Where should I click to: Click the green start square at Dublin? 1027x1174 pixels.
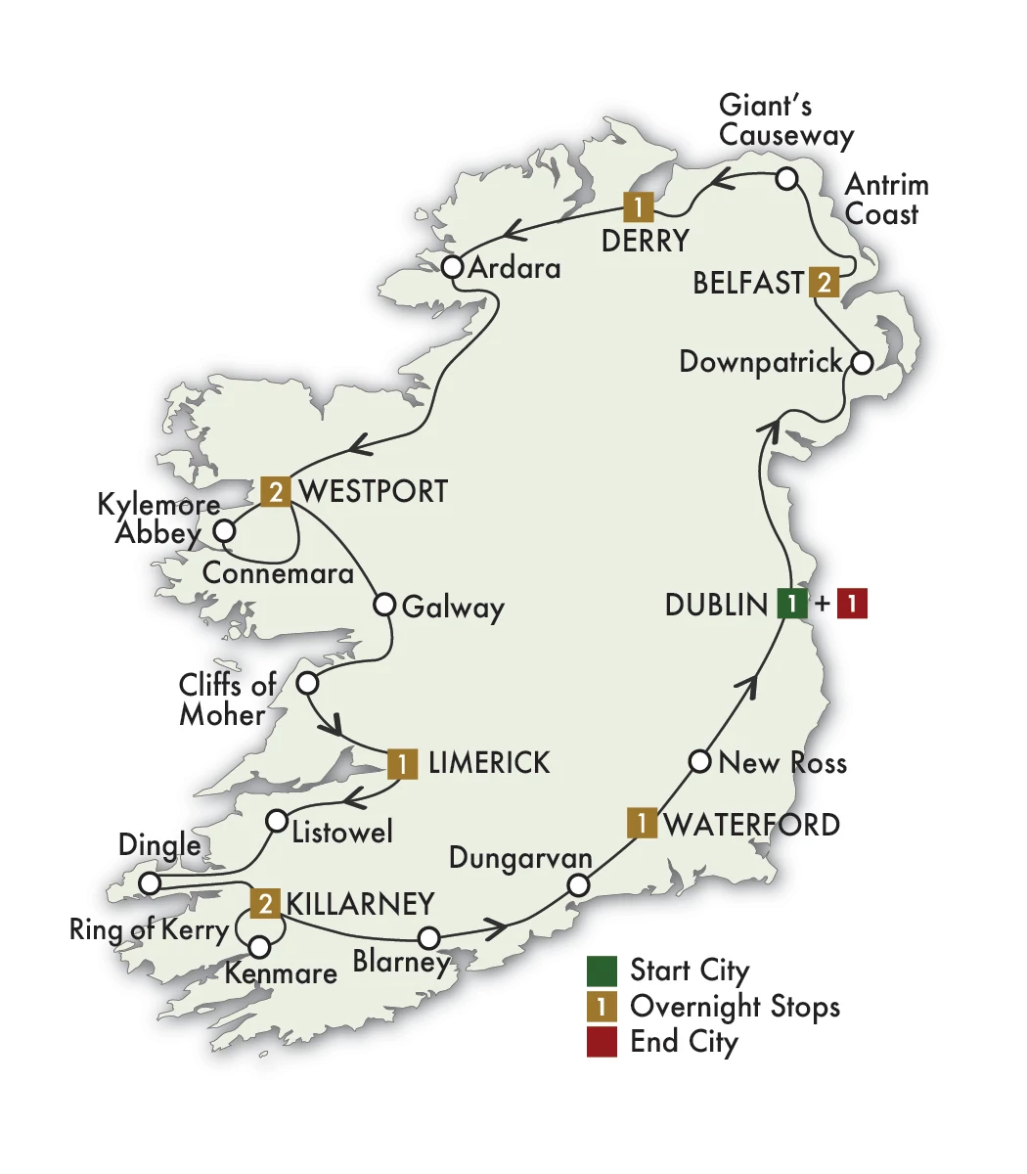pos(791,604)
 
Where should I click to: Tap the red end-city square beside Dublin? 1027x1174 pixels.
pos(852,604)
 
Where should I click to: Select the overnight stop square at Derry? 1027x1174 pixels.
pos(638,207)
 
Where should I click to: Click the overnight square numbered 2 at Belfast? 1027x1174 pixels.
pos(825,283)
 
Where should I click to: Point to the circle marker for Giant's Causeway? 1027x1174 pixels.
pos(786,179)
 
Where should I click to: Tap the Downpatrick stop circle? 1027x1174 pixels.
pos(860,363)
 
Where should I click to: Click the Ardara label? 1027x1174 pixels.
pos(514,267)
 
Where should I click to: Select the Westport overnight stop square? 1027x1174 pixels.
pos(277,491)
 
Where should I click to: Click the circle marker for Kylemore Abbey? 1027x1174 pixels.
pos(225,531)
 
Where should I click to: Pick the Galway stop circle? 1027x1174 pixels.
pos(384,604)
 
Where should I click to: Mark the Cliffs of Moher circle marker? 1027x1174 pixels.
pos(307,683)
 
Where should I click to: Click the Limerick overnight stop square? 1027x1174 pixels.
pos(402,763)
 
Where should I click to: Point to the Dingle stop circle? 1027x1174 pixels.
pos(149,883)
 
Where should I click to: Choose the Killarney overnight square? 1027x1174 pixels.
pos(265,903)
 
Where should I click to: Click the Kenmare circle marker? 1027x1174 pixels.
pos(259,947)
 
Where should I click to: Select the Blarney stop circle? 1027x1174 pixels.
pos(427,937)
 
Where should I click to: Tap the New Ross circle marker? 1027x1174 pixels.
pos(699,761)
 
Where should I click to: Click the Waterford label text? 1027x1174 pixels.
pos(751,824)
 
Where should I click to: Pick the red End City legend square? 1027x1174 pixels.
pos(602,1042)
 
